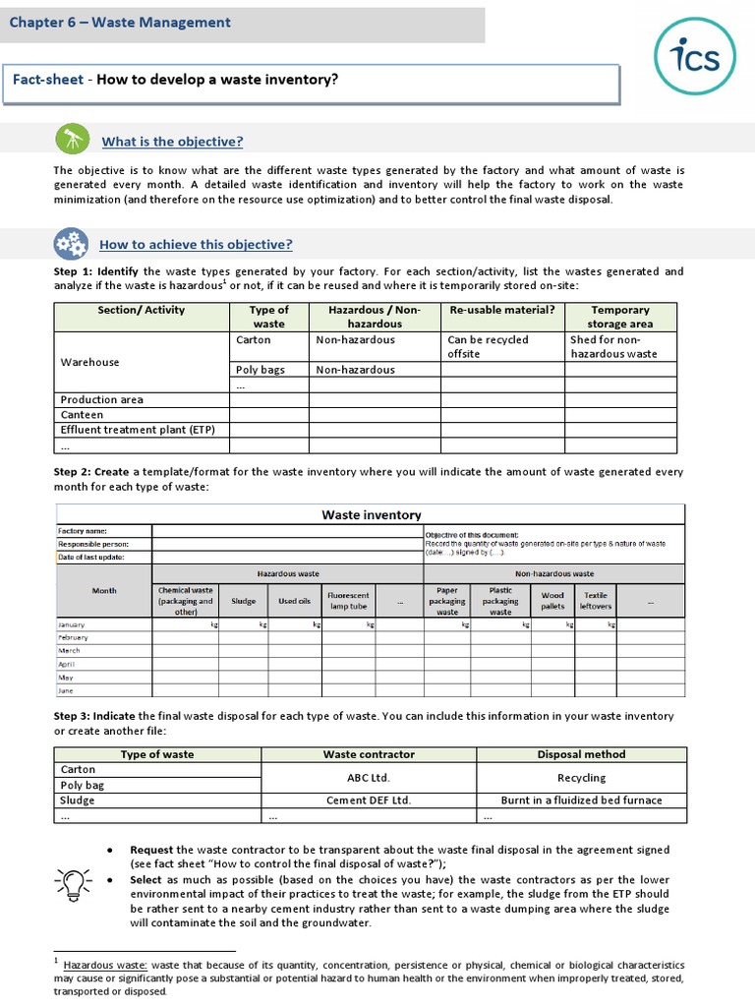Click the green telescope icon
[x=71, y=140]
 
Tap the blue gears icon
[x=70, y=243]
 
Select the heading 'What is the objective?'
[x=172, y=142]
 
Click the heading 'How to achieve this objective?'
[x=196, y=245]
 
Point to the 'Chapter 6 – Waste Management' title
[x=121, y=23]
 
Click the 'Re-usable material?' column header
[x=501, y=310]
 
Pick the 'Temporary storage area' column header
[x=619, y=317]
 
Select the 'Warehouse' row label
[x=89, y=362]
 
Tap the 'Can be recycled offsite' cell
[x=488, y=346]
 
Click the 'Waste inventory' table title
[x=372, y=514]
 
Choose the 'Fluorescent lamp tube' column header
[x=348, y=601]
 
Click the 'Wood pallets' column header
[x=552, y=601]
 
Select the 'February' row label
[x=73, y=637]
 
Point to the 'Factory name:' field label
[x=83, y=531]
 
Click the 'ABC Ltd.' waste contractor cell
[x=369, y=777]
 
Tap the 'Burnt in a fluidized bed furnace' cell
[x=581, y=800]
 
